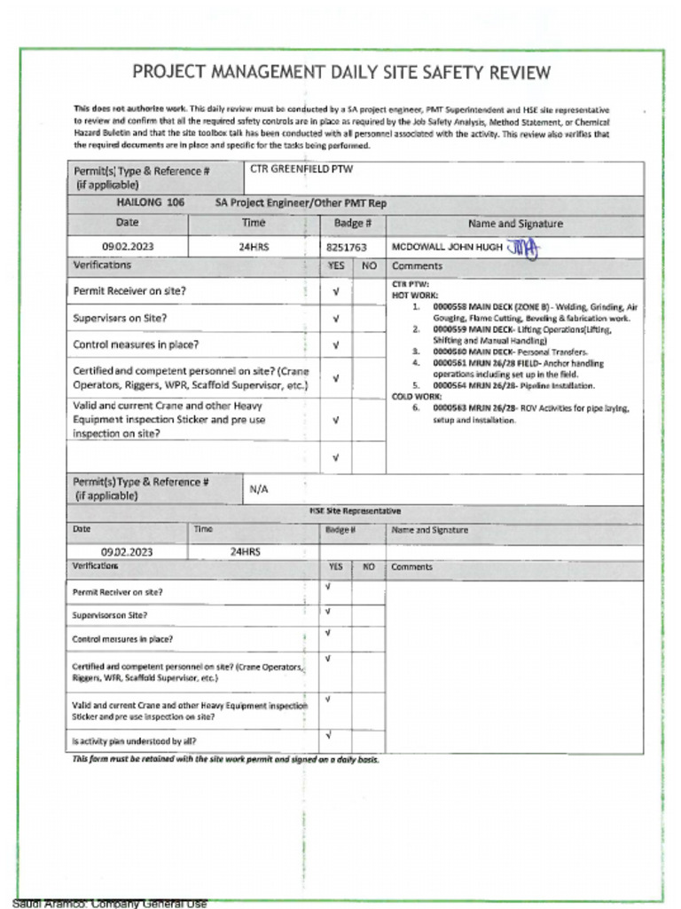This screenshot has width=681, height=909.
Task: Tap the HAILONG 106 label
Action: (151, 202)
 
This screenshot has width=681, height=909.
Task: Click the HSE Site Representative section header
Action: (355, 511)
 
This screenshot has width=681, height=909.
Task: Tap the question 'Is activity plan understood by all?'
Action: (135, 740)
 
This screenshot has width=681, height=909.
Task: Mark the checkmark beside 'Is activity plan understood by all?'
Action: (329, 736)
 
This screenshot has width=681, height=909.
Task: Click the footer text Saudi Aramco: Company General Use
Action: (110, 904)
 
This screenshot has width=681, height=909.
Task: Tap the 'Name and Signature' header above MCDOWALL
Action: (514, 224)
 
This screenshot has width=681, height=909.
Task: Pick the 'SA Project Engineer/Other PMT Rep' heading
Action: (301, 202)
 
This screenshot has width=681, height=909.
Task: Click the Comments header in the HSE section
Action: (411, 566)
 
